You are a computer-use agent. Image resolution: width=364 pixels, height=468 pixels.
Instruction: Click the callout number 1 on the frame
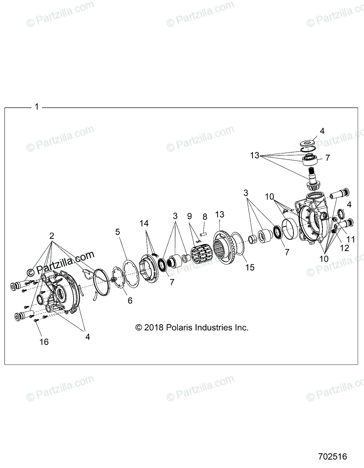pos(37,107)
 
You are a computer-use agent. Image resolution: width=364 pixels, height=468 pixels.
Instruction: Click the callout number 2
pos(52,236)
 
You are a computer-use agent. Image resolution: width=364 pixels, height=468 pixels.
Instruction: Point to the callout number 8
pos(204,216)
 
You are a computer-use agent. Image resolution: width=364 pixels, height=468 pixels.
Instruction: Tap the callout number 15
pos(250,267)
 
